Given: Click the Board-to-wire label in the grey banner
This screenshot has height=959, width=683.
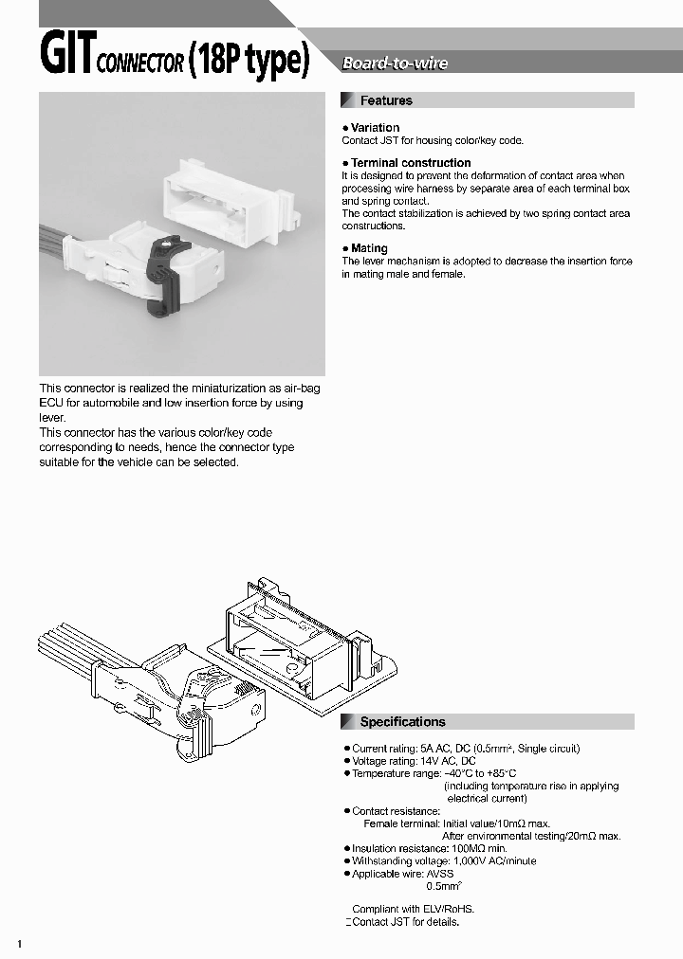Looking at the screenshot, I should point(395,63).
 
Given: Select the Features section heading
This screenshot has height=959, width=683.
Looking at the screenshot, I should point(386,100).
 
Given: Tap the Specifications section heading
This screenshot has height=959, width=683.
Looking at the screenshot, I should point(402,722).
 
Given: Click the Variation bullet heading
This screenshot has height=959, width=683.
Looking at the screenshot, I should point(375,128).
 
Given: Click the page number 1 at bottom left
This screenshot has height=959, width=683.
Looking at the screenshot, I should point(20,945).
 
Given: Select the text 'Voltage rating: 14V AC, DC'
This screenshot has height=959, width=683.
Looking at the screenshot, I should point(414,761).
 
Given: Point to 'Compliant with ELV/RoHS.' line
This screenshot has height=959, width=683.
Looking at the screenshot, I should point(413,908).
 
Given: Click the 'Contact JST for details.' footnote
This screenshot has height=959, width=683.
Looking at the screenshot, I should point(405,922).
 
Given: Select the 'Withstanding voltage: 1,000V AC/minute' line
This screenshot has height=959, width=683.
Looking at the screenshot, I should point(443,861).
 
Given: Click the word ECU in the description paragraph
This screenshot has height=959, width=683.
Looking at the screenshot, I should point(50,403).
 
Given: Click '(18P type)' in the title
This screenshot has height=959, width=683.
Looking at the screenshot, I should point(249,62).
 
